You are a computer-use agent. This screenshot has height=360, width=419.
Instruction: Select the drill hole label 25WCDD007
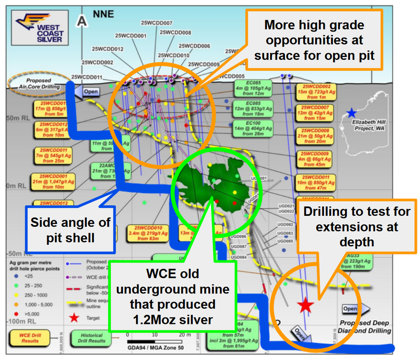pos(157,24)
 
